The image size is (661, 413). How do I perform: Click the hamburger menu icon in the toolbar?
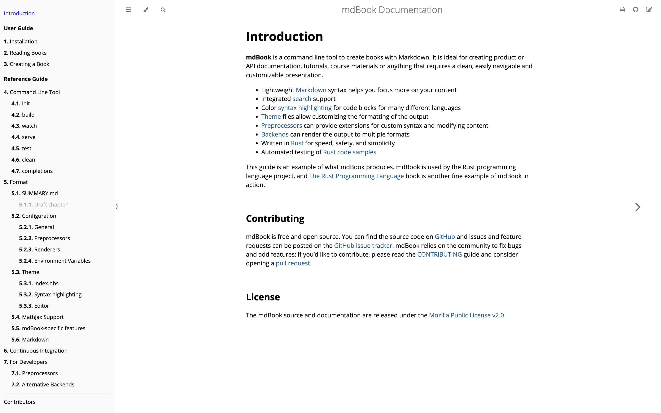(x=128, y=10)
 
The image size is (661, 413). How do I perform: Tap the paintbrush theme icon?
(x=146, y=10)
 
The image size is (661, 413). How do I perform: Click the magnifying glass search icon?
(x=163, y=10)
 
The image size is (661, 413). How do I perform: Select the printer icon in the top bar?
(x=623, y=10)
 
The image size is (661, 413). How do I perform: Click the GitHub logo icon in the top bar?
(x=636, y=10)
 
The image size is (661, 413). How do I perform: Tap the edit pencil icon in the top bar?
(x=649, y=10)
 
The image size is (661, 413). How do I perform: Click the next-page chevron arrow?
(x=637, y=207)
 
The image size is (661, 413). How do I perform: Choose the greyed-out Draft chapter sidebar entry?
(x=43, y=205)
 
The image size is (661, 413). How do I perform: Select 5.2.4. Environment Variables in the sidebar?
(x=55, y=261)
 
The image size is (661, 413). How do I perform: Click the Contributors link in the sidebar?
(x=20, y=402)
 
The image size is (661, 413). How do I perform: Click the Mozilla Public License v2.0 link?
(x=466, y=315)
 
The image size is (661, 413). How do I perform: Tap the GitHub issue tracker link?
(x=363, y=246)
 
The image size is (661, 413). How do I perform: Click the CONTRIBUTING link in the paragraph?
(x=439, y=254)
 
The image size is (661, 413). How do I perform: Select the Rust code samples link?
(x=349, y=152)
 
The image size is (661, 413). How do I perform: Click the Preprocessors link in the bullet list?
(x=281, y=126)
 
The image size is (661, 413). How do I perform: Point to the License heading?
(x=263, y=297)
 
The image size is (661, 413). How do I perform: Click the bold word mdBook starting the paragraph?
(x=258, y=57)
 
